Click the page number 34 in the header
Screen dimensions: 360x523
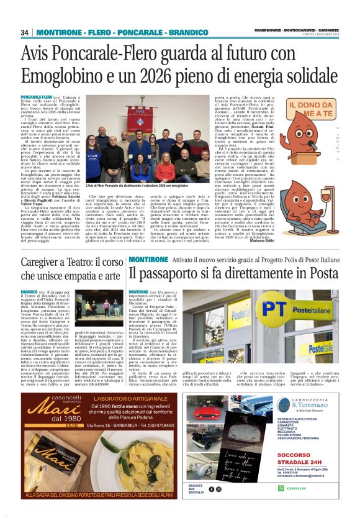point(25,32)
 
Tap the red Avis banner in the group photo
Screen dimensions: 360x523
point(140,119)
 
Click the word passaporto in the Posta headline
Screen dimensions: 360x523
point(176,273)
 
